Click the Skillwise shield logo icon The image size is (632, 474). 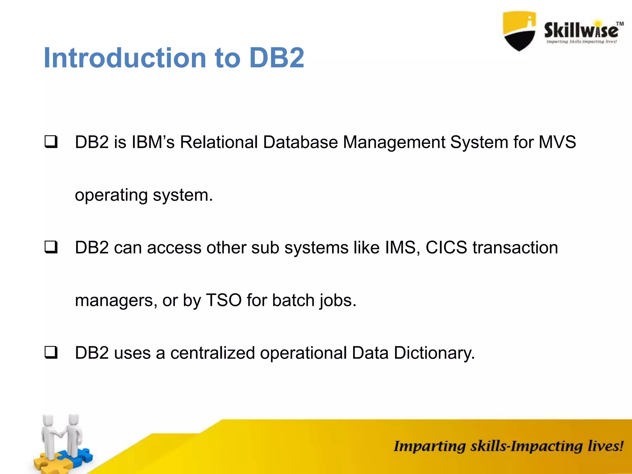click(x=519, y=31)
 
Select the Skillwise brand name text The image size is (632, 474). click(x=581, y=30)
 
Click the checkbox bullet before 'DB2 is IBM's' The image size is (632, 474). click(x=51, y=142)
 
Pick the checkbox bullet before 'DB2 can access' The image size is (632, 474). click(x=51, y=247)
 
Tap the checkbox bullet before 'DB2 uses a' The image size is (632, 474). click(x=51, y=352)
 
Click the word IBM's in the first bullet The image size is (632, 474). click(x=153, y=142)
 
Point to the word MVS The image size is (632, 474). click(x=557, y=142)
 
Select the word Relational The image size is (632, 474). click(x=219, y=142)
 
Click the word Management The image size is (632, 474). click(x=394, y=143)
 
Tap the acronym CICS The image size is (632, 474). click(x=446, y=247)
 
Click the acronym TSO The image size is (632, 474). click(x=224, y=300)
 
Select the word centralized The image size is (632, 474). click(x=213, y=353)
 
